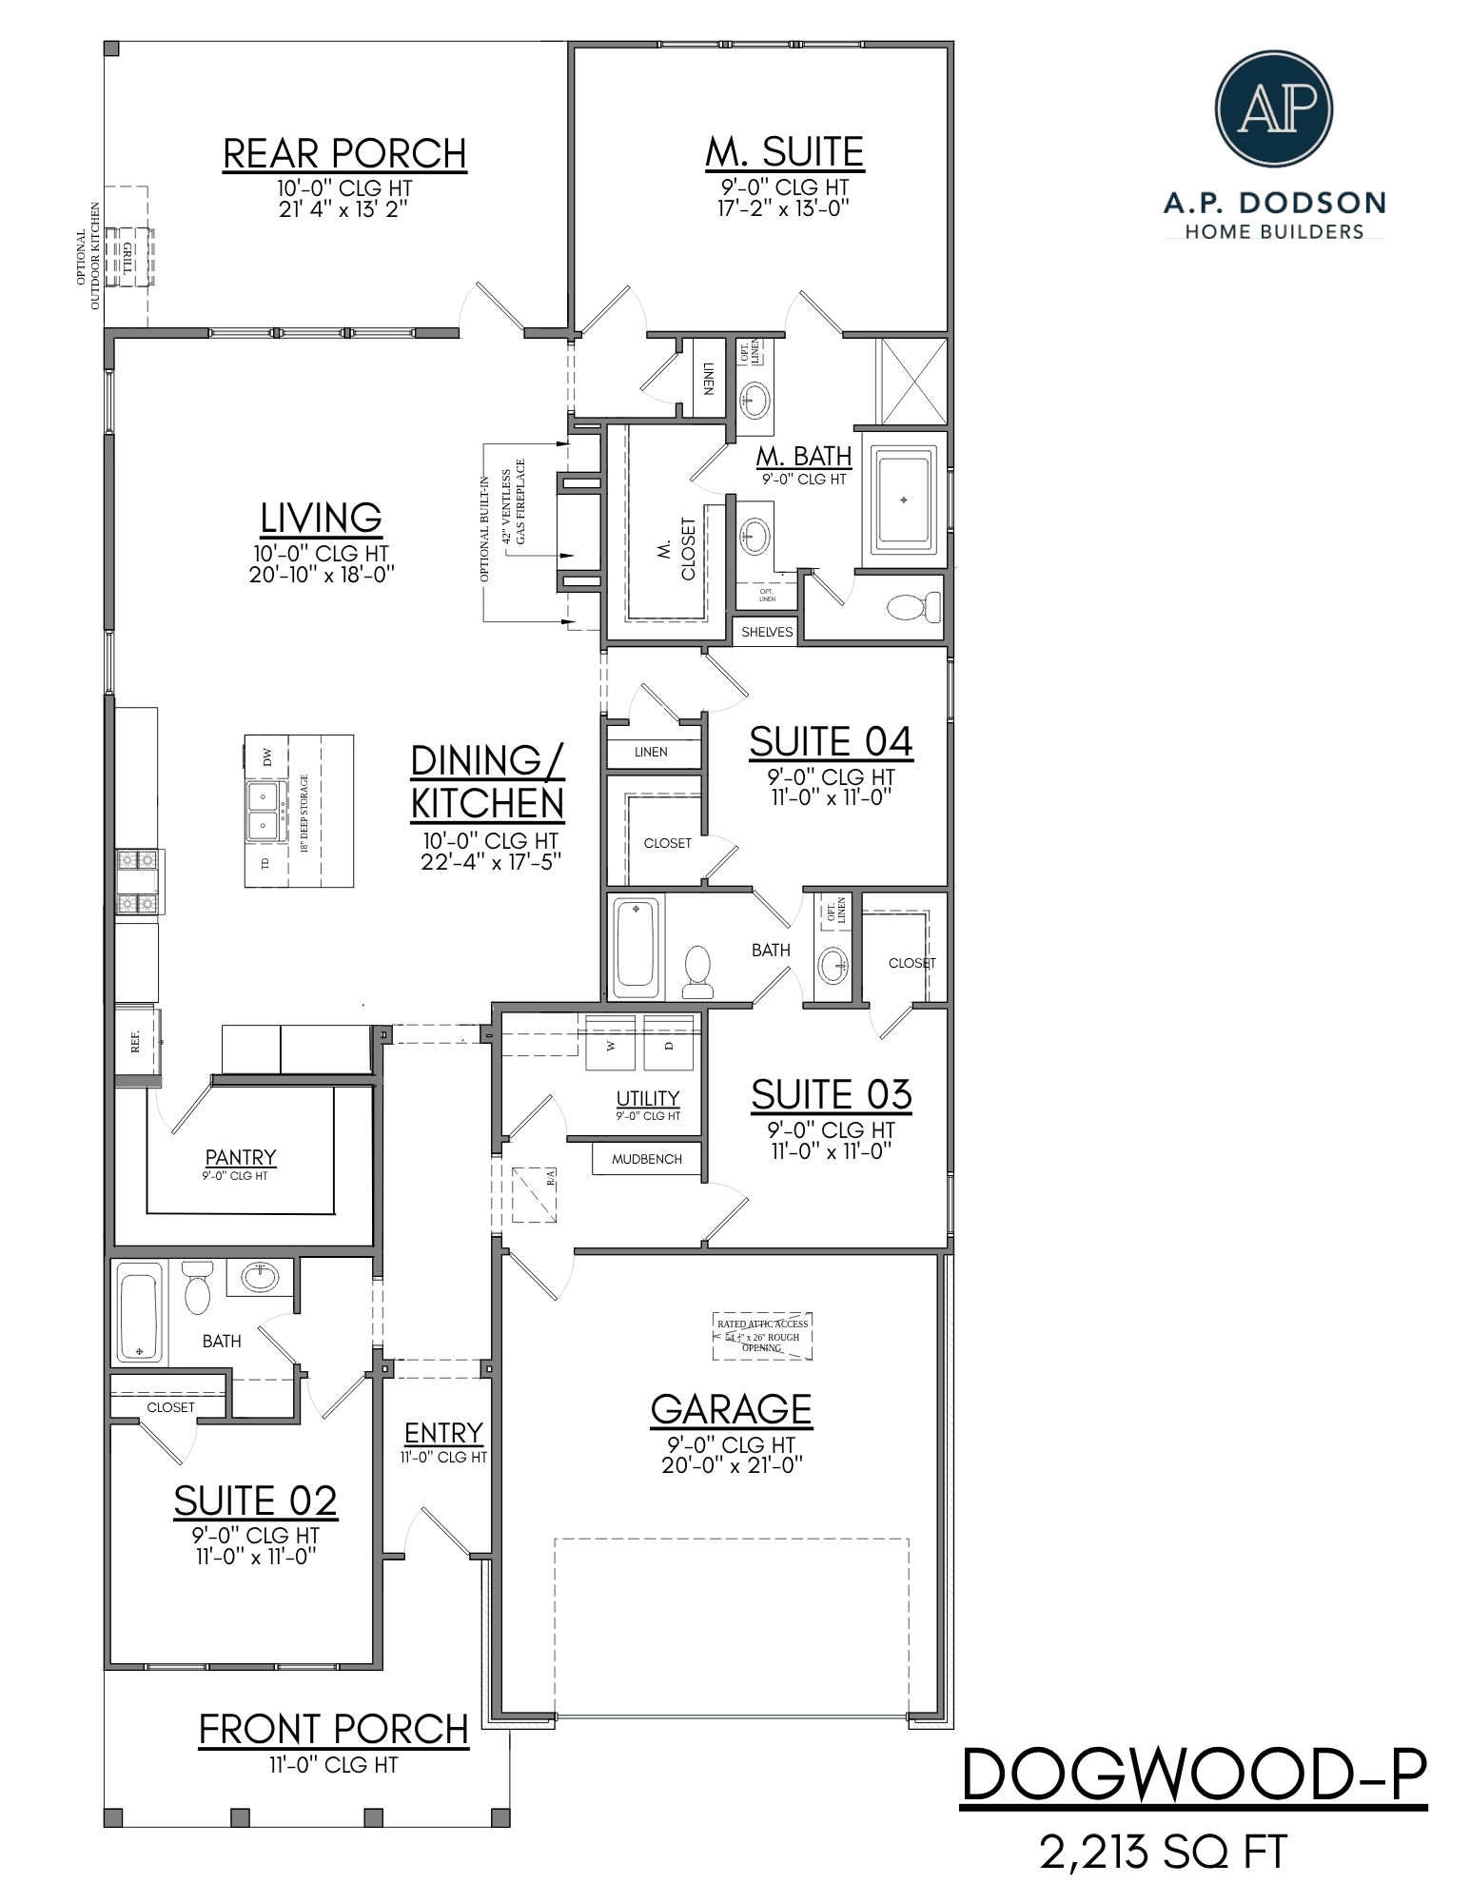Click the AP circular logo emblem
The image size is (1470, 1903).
pos(1273,109)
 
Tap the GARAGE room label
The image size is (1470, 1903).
pos(731,1409)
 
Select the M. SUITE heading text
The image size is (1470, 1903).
pos(784,152)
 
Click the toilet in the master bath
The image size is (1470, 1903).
pos(912,606)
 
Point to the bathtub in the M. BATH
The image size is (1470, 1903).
pos(903,500)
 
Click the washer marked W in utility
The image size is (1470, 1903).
pos(610,1044)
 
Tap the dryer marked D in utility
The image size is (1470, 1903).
pos(669,1044)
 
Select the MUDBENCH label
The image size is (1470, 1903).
pos(647,1159)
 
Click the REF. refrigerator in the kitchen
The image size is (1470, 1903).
pos(137,1042)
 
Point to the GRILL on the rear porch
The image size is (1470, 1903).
pos(127,257)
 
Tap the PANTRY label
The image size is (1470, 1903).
pos(241,1157)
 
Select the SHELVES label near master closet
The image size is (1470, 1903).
pos(767,632)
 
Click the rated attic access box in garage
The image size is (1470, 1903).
pos(762,1335)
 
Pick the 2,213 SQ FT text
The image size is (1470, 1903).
pos(1164,1852)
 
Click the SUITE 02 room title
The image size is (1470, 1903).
pos(255,1501)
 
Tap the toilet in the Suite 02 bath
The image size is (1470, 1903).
pos(197,1289)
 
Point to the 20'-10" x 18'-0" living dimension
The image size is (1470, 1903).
pos(322,574)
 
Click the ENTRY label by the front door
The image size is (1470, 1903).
pos(443,1433)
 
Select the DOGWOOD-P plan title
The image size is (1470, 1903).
pos(1194,1775)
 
